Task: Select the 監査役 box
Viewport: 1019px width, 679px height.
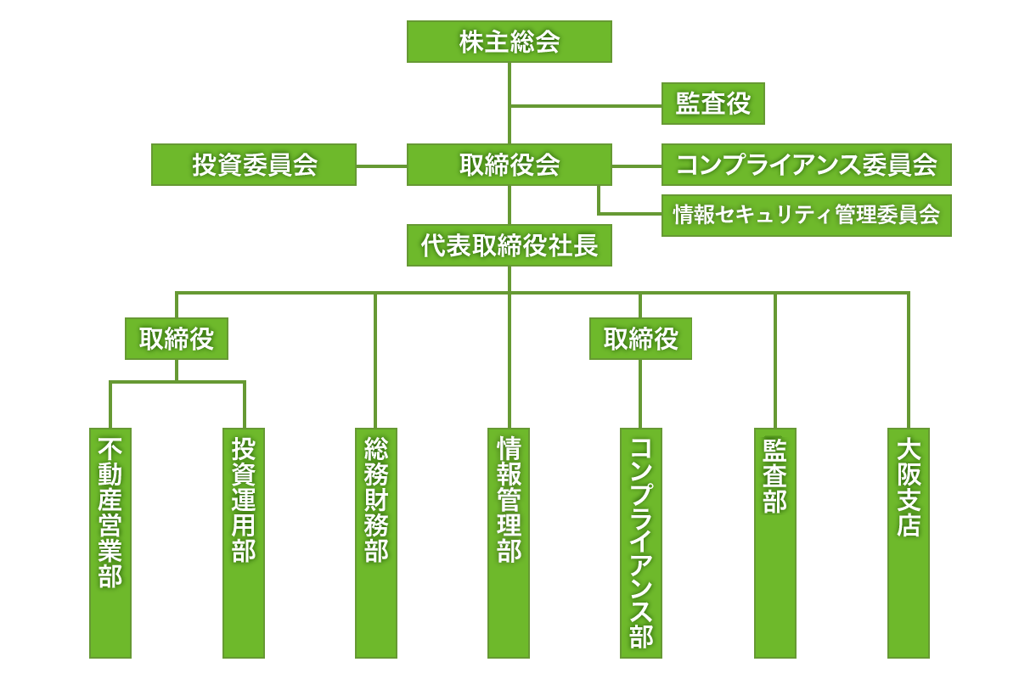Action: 713,104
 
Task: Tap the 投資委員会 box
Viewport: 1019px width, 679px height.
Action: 254,165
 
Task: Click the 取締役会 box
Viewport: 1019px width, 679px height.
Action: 509,165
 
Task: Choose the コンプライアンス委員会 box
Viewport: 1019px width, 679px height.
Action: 806,165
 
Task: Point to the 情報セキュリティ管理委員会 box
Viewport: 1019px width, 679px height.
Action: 806,215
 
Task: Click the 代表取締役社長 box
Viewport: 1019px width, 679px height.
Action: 509,246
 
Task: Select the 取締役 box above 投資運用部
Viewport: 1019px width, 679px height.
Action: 177,339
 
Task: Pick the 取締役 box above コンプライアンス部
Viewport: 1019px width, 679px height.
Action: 640,339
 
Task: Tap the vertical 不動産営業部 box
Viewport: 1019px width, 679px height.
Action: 110,543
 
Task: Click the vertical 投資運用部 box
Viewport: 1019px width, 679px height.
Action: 244,543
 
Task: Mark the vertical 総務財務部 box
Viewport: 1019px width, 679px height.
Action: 376,543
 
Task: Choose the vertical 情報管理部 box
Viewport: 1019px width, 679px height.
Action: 509,543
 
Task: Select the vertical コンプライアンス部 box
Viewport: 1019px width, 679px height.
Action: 641,543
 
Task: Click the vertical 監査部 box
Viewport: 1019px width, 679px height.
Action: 774,543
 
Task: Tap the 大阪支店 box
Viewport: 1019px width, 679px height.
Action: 908,543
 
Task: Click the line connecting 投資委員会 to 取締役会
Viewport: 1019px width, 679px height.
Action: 381,166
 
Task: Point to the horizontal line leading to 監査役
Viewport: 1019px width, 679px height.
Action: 586,106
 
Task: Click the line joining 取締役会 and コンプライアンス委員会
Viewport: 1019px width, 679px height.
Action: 636,166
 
